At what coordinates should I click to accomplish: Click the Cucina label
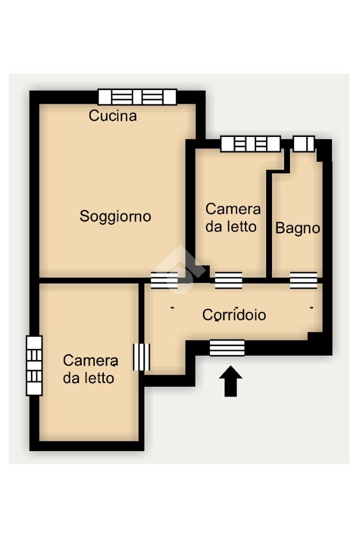coord(113,116)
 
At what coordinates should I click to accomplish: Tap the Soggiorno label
coord(115,217)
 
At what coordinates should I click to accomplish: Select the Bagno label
coord(298,228)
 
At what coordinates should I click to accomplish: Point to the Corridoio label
coord(234,315)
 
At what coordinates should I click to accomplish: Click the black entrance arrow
coord(231,381)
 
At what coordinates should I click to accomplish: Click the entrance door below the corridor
coord(227,348)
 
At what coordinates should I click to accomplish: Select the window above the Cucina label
coord(137,97)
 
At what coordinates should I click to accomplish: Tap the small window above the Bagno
coord(304,144)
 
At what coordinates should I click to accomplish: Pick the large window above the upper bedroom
coord(251,144)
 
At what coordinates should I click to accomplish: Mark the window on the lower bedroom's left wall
coord(34,366)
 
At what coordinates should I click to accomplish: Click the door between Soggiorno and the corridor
coord(164,280)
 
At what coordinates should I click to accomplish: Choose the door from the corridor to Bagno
coord(303,280)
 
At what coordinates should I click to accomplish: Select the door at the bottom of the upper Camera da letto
coord(229,280)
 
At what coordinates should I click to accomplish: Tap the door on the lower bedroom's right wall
coord(142,357)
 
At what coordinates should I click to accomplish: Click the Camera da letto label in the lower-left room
coord(91,369)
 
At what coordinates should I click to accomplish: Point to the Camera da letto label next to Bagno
coord(233,218)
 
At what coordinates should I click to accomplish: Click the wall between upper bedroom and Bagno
coord(269,223)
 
